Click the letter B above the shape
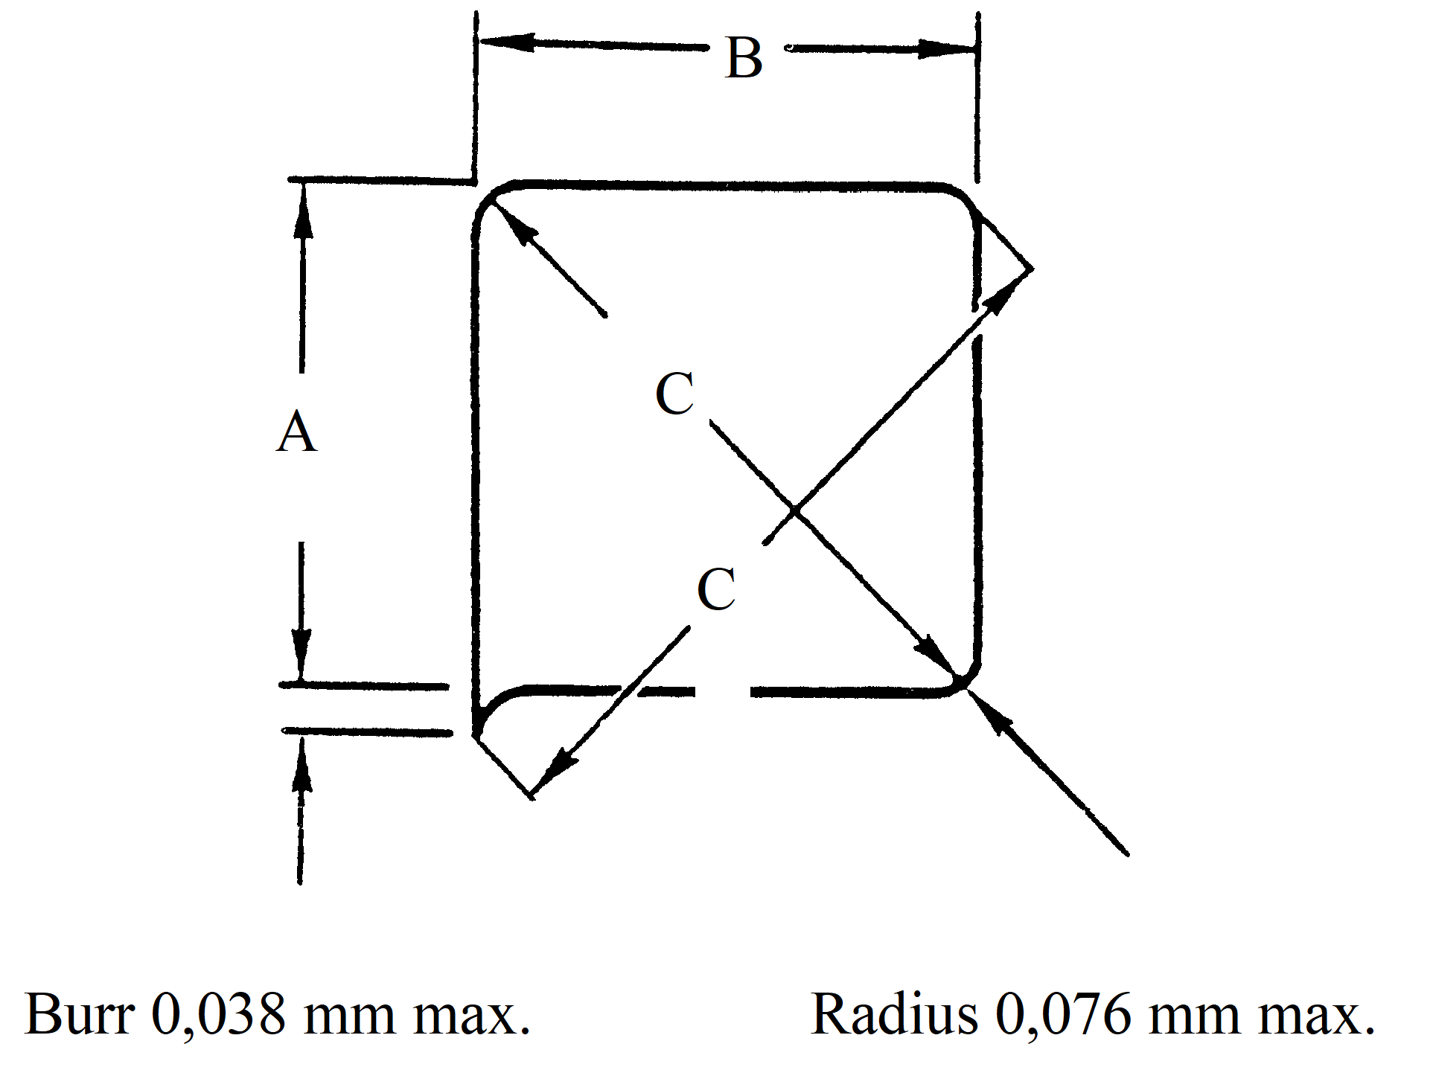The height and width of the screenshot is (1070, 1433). pos(744,58)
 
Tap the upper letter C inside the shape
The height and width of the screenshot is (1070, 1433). pos(674,394)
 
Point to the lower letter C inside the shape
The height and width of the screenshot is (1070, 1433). pos(716,589)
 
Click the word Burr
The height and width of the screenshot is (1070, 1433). pos(79,1014)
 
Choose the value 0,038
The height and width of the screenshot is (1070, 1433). pos(219,1014)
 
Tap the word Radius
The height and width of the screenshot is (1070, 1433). pos(893,1014)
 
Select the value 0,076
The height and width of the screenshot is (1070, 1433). pos(1062,1014)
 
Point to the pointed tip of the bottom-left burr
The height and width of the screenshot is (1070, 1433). pos(531,798)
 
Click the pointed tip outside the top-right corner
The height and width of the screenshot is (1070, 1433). pos(1032,268)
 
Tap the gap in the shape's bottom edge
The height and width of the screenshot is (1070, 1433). pos(722,693)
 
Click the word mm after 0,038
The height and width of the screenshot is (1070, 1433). pos(348,1014)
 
